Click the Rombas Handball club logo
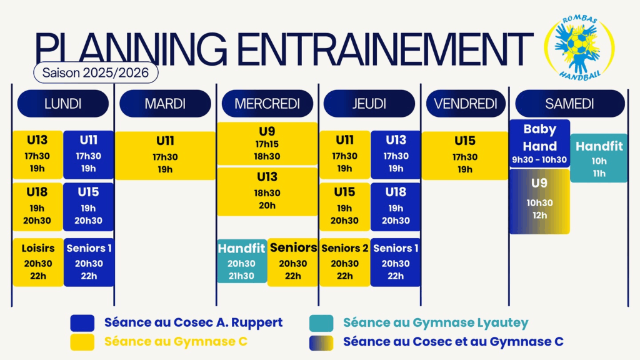coord(579,47)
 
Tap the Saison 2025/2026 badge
coord(96,72)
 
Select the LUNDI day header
coord(63,104)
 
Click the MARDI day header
coord(165,104)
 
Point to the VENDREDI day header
coord(466,104)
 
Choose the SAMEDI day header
coord(570,104)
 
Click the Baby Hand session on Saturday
coord(539,143)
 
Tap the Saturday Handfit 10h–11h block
coord(599,158)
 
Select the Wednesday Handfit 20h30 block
coord(242,261)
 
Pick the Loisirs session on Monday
coord(38,262)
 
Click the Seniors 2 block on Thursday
coord(345,262)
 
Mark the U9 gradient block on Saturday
coord(539,201)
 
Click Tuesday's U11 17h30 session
coord(165,155)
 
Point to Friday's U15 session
coord(465,155)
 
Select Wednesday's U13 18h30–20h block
coord(267,191)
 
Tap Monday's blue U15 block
coord(89,207)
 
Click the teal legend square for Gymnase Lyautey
coord(321,323)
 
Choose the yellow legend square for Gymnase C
coord(82,342)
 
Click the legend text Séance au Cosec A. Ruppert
coord(194,322)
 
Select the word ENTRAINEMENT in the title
coord(385,48)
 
